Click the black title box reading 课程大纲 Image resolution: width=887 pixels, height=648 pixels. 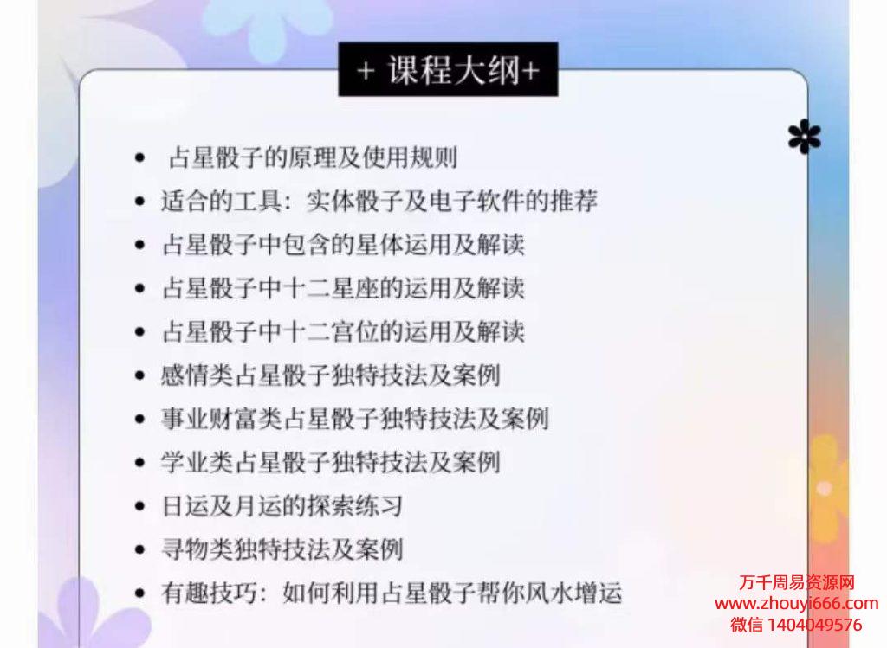tap(448, 69)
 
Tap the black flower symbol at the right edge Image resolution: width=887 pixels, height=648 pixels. tap(805, 137)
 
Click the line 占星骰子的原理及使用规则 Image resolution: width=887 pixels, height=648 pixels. tap(313, 157)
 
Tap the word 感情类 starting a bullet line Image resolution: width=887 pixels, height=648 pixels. tap(197, 375)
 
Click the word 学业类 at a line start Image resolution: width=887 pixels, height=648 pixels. tap(197, 462)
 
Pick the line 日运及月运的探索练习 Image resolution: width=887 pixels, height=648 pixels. tap(282, 505)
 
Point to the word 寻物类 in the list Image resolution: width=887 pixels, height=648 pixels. tap(197, 549)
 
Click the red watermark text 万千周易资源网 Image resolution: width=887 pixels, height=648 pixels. tap(797, 582)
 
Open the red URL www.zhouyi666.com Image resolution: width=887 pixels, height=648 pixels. tap(797, 603)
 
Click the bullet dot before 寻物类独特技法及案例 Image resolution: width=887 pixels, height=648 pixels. tap(139, 549)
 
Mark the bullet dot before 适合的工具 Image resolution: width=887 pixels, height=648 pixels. tap(139, 201)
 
